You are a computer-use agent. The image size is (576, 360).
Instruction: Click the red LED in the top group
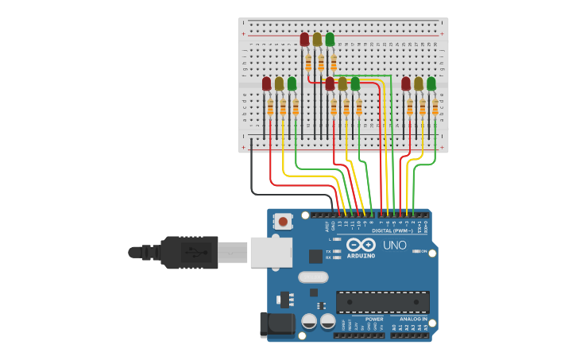[x=304, y=39]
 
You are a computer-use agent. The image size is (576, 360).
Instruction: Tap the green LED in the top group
[x=330, y=39]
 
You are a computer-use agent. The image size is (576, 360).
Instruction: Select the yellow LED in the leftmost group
[x=279, y=83]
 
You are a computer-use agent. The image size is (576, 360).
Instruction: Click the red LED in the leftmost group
[x=267, y=83]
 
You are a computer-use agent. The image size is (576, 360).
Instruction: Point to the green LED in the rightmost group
[x=431, y=83]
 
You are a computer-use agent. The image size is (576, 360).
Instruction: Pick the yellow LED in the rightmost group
[x=419, y=83]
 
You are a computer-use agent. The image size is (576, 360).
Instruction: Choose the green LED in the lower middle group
[x=355, y=83]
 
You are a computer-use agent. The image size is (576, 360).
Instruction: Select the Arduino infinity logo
[x=360, y=246]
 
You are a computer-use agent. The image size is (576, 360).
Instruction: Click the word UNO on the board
[x=395, y=245]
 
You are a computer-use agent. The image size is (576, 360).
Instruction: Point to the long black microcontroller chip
[x=382, y=302]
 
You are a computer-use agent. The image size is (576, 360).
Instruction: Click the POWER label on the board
[x=374, y=319]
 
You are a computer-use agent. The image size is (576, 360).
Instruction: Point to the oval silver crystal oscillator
[x=313, y=277]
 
